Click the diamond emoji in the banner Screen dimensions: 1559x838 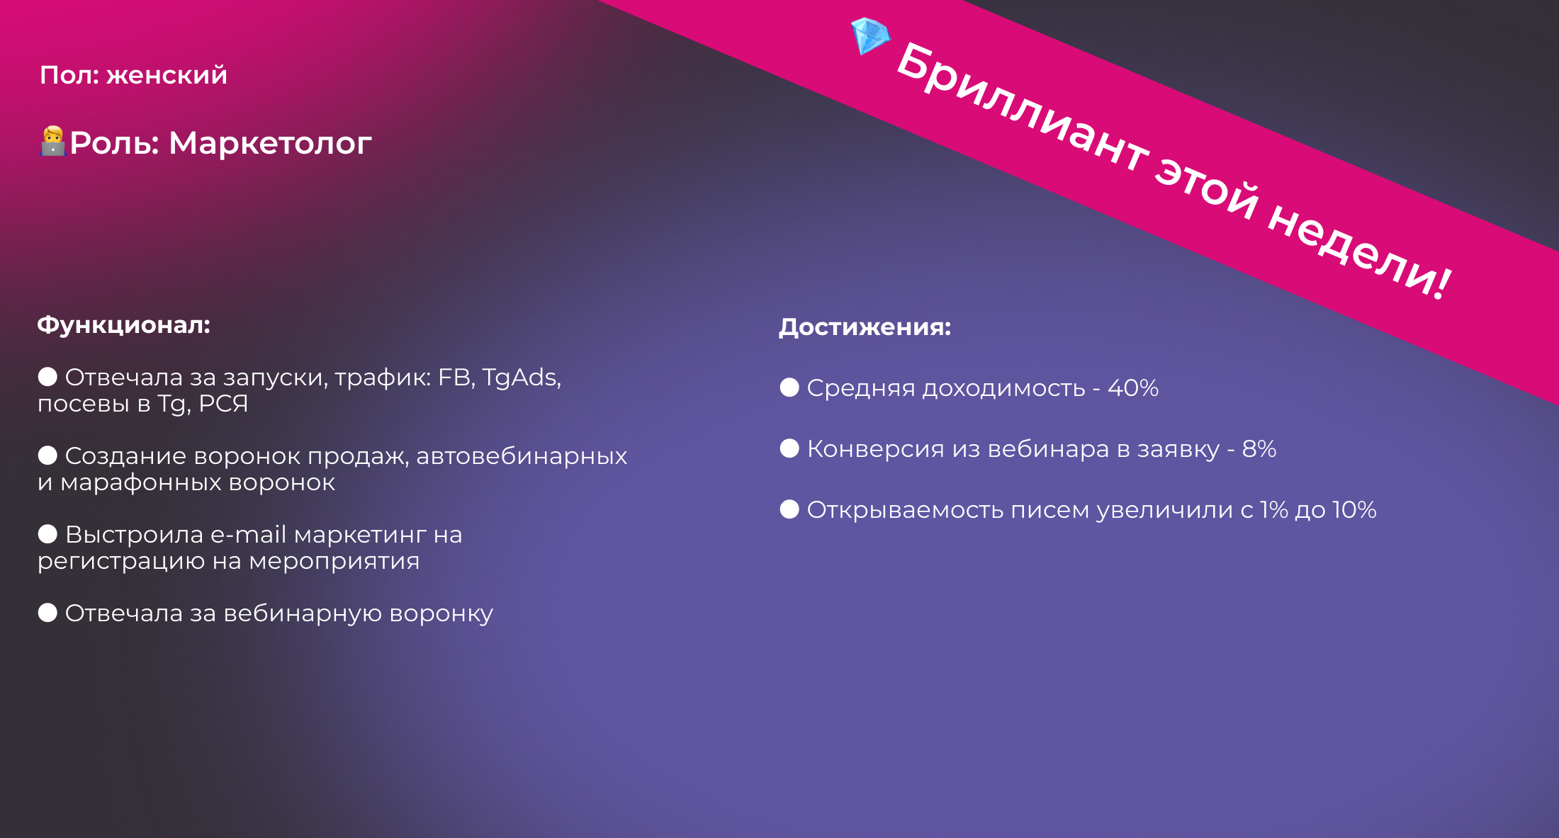pos(870,35)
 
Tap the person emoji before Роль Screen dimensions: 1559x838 pos(53,141)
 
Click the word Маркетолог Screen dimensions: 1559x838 pos(270,143)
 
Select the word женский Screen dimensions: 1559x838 pos(167,75)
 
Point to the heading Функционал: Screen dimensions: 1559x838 pos(124,325)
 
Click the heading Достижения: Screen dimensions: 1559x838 pos(865,327)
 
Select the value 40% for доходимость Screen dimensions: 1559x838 pos(1133,388)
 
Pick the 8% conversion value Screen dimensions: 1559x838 pos(1259,449)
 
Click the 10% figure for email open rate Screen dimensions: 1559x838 pos(1354,510)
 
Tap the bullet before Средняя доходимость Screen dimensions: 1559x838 pos(789,387)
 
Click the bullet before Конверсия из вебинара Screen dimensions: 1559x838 pos(789,448)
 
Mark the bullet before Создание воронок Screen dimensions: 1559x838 pos(47,455)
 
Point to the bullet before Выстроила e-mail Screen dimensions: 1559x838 pos(47,534)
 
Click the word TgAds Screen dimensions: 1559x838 pos(522,378)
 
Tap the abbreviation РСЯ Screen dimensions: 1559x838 pos(223,404)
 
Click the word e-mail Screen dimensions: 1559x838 pos(248,535)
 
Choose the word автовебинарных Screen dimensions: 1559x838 pos(522,457)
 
